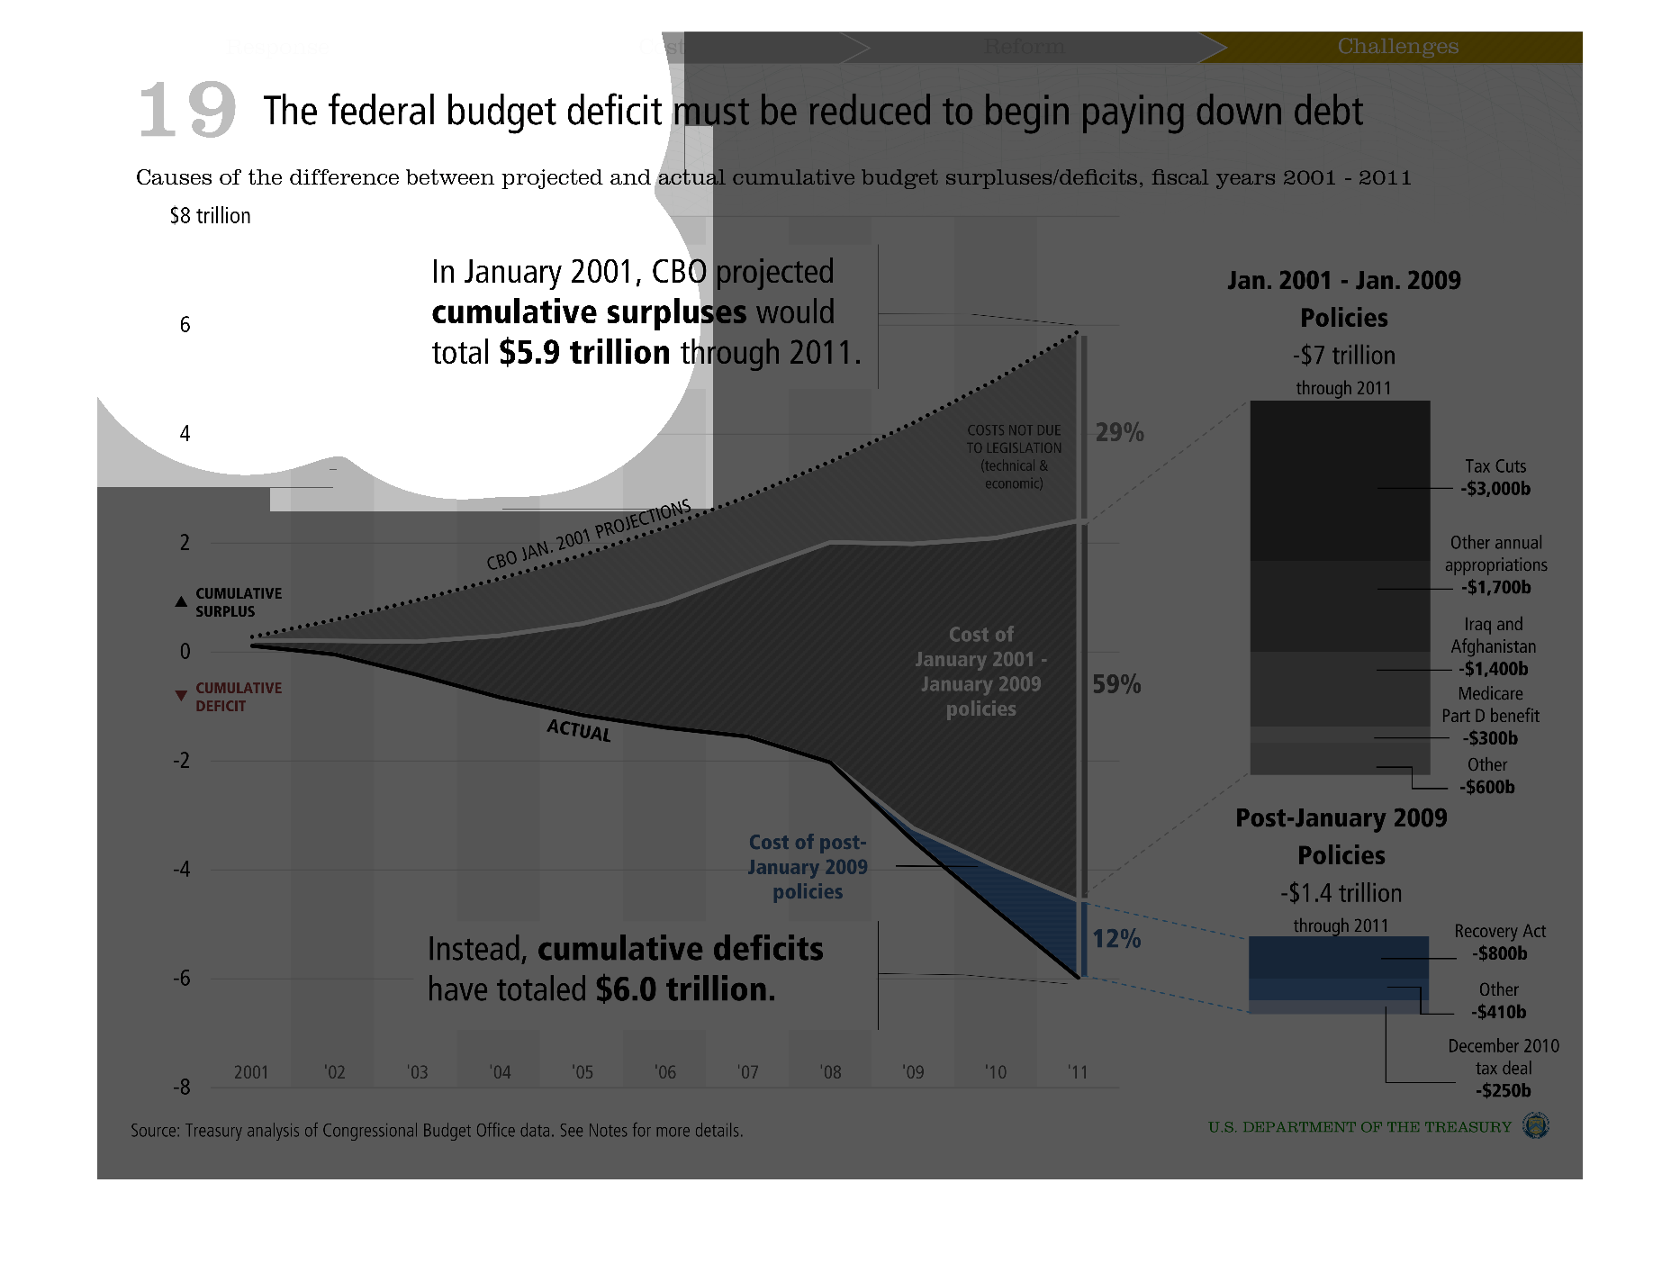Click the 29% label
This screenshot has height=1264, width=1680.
pos(1119,433)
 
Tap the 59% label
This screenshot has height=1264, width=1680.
pos(1116,685)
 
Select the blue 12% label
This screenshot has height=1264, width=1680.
pos(1116,939)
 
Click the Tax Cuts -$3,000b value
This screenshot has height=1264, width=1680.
pos(1495,489)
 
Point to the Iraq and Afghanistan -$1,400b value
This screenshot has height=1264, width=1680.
pos(1494,669)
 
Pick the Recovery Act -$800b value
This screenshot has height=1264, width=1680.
pos(1500,953)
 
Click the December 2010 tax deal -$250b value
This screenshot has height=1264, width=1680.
pos(1504,1090)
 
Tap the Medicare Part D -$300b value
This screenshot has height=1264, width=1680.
pos(1490,738)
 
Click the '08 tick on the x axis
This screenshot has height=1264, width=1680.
pos(830,1072)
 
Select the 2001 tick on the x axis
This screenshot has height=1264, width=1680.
pos(251,1072)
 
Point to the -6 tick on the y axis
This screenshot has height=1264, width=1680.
pos(182,979)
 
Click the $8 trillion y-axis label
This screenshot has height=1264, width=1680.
pos(211,216)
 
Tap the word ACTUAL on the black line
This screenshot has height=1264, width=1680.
pos(579,730)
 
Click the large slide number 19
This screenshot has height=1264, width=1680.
pos(187,110)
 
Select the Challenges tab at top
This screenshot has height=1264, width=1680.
pos(1397,47)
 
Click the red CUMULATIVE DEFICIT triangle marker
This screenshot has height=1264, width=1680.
pos(181,696)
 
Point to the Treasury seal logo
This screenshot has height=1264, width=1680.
pos(1535,1125)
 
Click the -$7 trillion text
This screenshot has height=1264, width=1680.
pos(1344,356)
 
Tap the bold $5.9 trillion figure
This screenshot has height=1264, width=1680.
pos(584,352)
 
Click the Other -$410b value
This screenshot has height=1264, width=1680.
pos(1499,1012)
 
